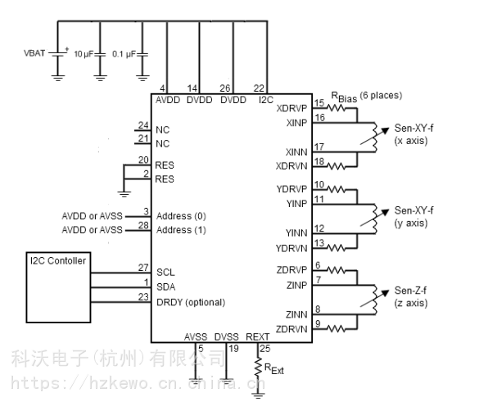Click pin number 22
click(x=260, y=88)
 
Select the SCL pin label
click(x=166, y=271)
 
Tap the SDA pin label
click(x=167, y=286)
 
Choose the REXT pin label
click(x=257, y=336)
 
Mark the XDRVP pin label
click(x=291, y=107)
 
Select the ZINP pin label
click(x=297, y=285)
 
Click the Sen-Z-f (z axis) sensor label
click(x=409, y=296)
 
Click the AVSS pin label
click(x=197, y=336)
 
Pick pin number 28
click(x=144, y=224)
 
